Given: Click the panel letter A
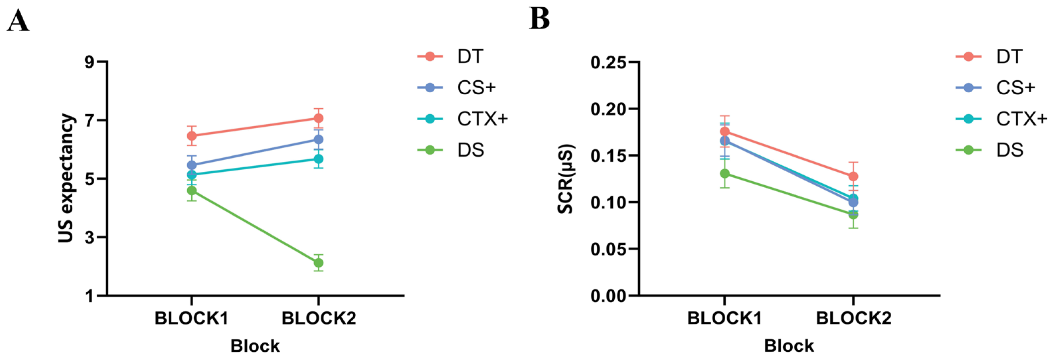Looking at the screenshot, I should coord(18,21).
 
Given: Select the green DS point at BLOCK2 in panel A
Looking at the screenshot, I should coord(318,262).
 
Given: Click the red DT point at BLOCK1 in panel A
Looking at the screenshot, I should coord(192,135).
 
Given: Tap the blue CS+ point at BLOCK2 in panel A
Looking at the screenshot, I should coord(318,139).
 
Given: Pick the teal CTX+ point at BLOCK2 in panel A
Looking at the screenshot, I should coord(318,159).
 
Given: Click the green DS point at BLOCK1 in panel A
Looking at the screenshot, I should coord(192,190).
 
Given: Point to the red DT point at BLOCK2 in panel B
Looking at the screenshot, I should coord(853,176).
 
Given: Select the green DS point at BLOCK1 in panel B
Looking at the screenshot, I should coord(725,173).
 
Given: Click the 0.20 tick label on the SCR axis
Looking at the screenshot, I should coord(608,109).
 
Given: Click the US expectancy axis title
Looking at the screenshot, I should coord(66,178).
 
